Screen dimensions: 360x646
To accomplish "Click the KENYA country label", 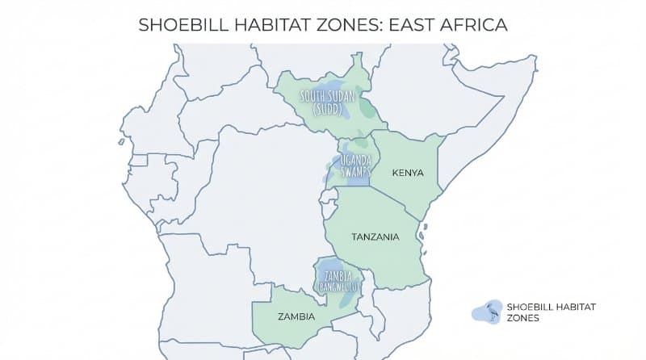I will coord(407,173).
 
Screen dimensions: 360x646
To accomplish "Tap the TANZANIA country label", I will coord(375,237).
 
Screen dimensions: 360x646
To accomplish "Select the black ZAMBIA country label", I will coord(296,316).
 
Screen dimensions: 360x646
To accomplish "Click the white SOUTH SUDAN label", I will coord(329,97).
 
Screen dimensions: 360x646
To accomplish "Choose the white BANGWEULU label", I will coord(337,286).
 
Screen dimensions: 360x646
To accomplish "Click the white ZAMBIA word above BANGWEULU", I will coord(337,275).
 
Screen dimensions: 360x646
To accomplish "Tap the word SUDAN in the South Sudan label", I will coord(342,97).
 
